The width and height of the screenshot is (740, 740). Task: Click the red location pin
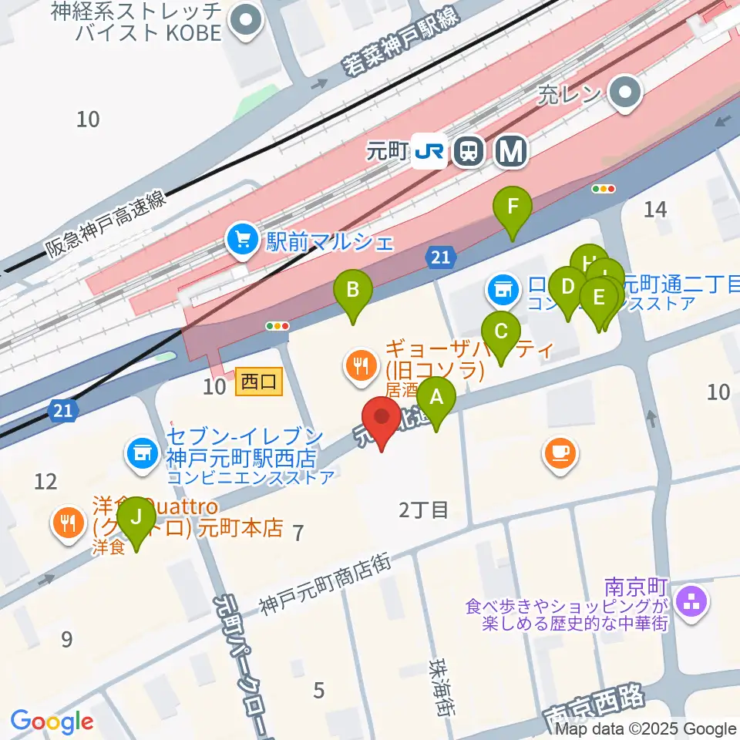tap(382, 422)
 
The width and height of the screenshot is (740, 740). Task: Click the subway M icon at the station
tap(509, 151)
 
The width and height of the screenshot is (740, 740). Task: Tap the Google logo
tap(52, 721)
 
